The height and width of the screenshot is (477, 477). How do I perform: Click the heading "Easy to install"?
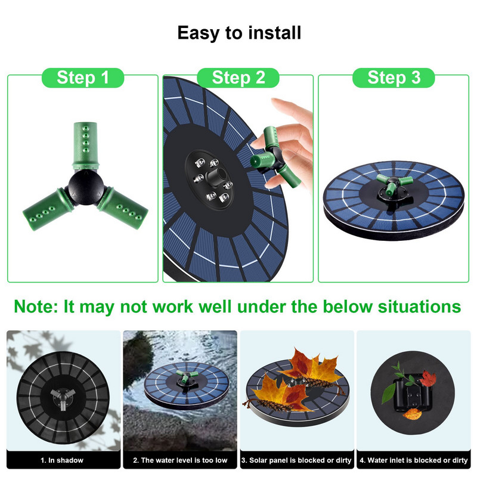tap(239, 33)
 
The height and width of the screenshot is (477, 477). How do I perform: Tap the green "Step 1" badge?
tap(83, 78)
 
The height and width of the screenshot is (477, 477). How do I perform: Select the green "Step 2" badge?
tap(238, 78)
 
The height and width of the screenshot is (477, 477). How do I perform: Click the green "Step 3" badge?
tap(394, 78)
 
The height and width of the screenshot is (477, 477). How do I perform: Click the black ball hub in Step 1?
tap(86, 185)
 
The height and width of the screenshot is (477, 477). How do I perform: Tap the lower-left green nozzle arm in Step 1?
tap(48, 209)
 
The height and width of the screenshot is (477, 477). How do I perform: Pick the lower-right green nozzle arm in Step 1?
tap(123, 207)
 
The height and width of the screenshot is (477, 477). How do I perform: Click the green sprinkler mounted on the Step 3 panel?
tap(394, 184)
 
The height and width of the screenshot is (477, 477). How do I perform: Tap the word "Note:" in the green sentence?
tap(36, 306)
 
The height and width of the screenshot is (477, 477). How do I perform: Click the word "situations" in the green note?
tap(419, 306)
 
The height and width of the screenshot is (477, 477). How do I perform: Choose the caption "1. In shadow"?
tap(62, 460)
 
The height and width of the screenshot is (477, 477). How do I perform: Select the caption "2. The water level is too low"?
tap(180, 460)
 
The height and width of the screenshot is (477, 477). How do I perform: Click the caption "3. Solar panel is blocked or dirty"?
tap(296, 460)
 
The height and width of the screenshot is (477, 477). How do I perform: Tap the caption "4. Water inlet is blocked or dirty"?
tap(414, 460)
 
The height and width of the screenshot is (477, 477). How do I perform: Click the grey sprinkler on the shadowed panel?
tap(63, 398)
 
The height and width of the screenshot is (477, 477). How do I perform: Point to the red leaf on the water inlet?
tap(428, 379)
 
